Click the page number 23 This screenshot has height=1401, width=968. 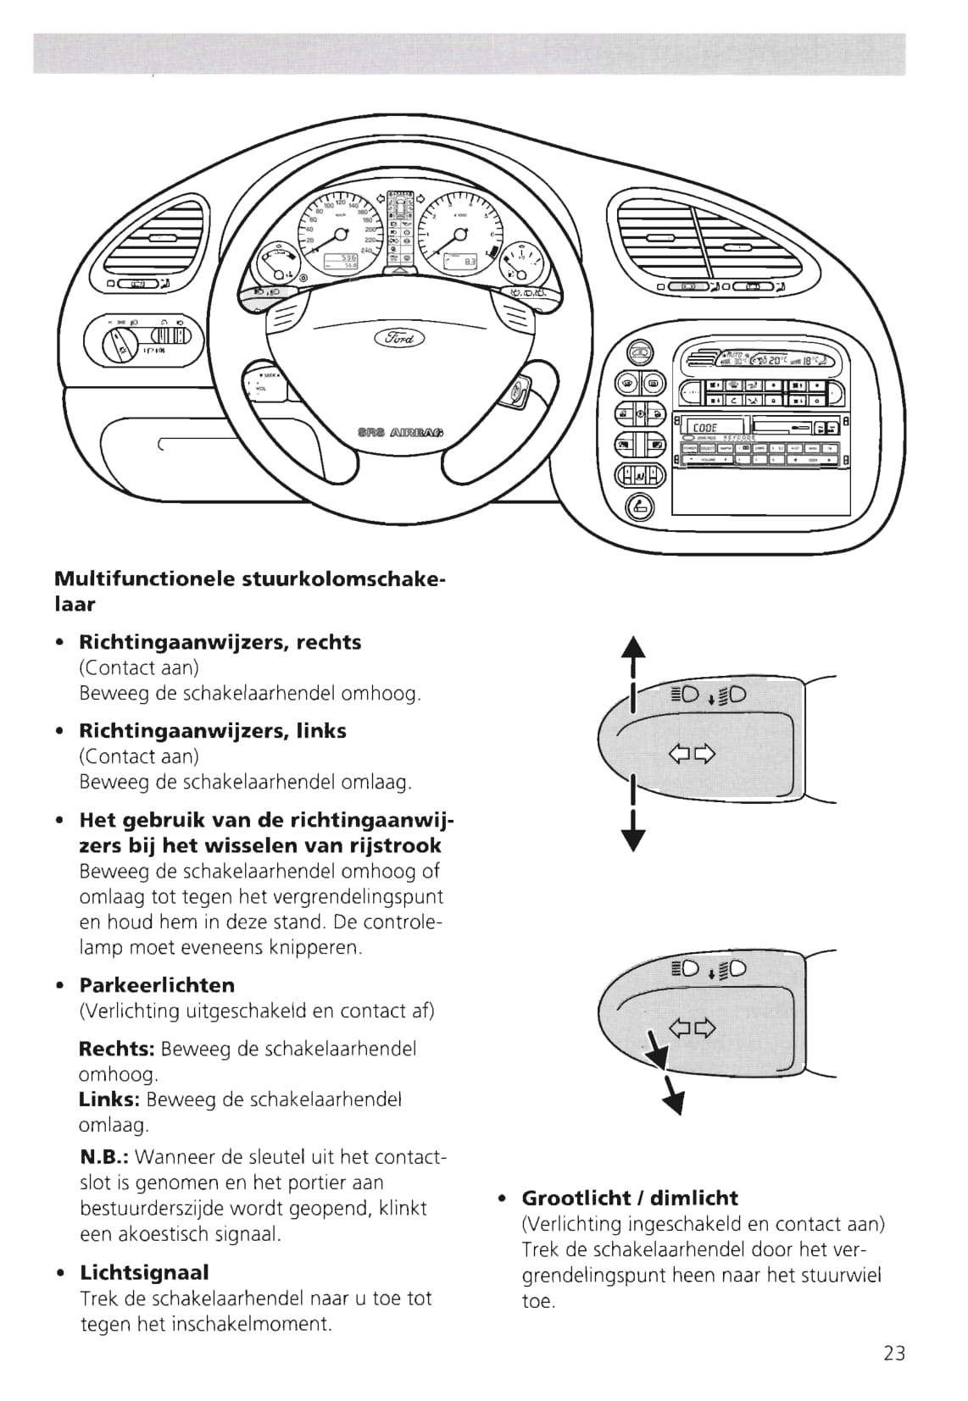coord(894,1353)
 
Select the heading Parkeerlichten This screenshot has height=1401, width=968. coord(157,985)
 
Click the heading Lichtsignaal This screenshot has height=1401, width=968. coord(144,1272)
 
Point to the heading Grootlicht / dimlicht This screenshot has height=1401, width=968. coord(630,1198)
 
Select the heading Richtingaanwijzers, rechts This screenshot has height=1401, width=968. coord(220,642)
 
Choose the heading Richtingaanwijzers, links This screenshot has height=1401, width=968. coord(212,730)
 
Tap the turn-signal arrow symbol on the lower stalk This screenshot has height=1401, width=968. coord(692,1028)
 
